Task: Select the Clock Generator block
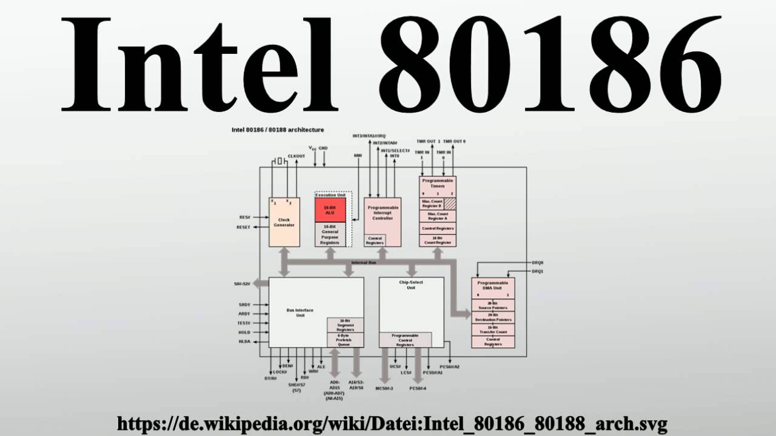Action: pos(284,222)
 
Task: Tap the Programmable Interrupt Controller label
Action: pos(383,213)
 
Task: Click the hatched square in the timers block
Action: pos(450,203)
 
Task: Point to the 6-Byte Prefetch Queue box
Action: pos(345,340)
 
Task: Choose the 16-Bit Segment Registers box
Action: pos(345,325)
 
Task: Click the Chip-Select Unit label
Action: pos(411,285)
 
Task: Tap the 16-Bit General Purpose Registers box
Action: pos(330,234)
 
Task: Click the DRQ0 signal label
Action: pos(537,263)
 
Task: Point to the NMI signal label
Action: pos(358,155)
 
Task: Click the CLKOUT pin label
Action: pos(296,156)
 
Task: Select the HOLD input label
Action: pos(244,332)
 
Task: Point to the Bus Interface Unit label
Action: pos(300,312)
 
